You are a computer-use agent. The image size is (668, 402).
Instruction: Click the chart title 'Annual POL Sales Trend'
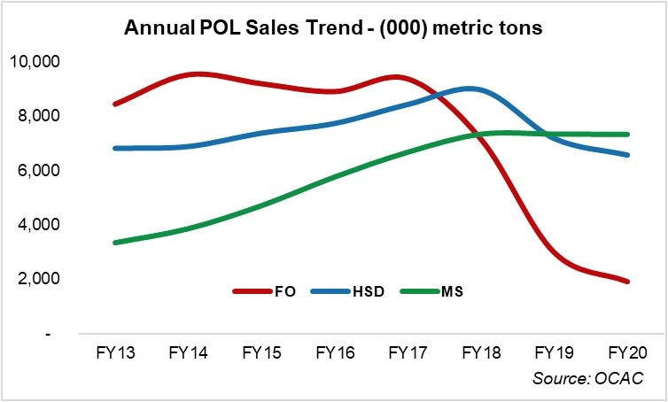pos(333,28)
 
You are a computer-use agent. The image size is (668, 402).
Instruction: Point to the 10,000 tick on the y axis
pos(35,62)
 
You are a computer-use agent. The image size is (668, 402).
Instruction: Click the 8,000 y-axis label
pos(38,116)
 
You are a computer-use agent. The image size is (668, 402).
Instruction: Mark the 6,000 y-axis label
pos(38,170)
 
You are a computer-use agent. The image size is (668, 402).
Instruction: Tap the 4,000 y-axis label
pos(38,225)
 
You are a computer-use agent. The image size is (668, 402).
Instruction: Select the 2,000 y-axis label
pos(38,279)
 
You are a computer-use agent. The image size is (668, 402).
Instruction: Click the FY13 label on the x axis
pos(114,352)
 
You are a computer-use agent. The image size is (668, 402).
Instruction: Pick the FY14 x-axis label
pos(188,352)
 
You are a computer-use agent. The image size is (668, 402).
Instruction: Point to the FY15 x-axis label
pos(261,352)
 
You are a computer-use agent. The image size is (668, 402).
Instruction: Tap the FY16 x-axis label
pos(335,352)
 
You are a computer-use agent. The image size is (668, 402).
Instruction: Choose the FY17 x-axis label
pos(408,352)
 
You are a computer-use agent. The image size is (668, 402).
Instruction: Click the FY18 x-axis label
pos(482,352)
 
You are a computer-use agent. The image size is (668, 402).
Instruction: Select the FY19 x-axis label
pos(555,352)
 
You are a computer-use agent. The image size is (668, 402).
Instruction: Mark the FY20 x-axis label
pos(628,352)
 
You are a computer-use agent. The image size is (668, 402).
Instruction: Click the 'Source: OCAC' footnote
pos(587,378)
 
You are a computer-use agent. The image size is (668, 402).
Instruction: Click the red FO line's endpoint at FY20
pos(628,282)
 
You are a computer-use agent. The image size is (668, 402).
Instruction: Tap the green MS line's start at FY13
pos(115,243)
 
